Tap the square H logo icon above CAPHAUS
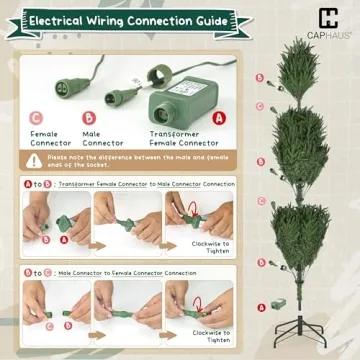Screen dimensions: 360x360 pos(328,17)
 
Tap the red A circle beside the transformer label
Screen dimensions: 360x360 pos(220,116)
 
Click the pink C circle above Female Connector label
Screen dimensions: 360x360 pos(36,117)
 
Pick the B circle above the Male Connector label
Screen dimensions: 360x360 pos(87,117)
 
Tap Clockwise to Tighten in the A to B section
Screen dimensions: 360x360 pos(212,247)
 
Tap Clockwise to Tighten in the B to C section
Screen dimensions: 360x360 pos(212,335)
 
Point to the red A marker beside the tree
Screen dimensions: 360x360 pos(262,305)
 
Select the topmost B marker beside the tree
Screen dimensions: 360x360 pos(259,77)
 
